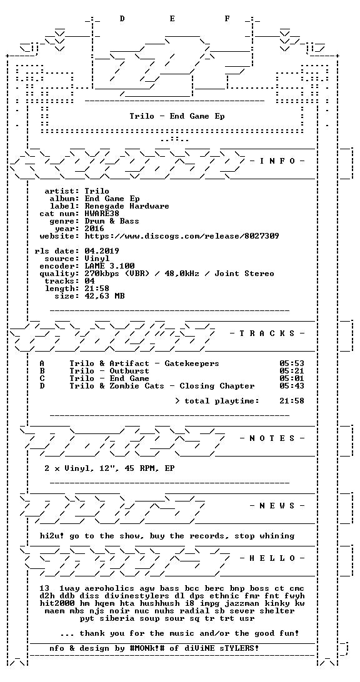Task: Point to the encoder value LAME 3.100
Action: (109, 266)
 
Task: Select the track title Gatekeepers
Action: (192, 363)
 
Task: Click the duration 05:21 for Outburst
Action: (292, 371)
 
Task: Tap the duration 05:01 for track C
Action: (292, 378)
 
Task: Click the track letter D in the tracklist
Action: (42, 386)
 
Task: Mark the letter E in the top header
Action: (172, 18)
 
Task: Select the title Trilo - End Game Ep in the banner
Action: (177, 116)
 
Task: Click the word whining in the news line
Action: (277, 536)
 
